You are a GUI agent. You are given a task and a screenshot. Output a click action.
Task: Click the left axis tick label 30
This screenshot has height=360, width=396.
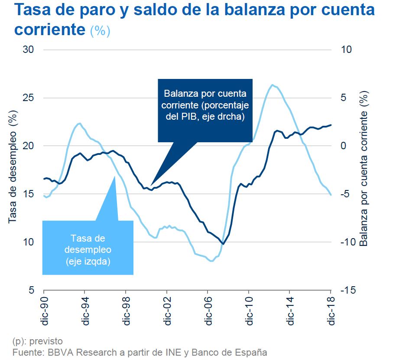click(28, 49)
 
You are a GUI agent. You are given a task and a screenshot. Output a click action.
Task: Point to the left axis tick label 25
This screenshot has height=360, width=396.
click(28, 98)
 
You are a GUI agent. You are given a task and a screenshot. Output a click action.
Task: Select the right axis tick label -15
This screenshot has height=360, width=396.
click(349, 290)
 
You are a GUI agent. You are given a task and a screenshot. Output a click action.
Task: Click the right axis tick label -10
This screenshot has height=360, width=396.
click(349, 242)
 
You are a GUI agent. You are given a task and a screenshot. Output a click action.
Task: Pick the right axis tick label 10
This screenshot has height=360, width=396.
click(347, 49)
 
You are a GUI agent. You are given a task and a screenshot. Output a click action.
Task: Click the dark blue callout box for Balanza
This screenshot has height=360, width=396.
click(204, 110)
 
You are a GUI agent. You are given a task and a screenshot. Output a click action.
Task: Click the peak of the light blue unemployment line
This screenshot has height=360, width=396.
click(272, 85)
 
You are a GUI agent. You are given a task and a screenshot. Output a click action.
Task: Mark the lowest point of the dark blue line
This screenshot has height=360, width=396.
click(223, 244)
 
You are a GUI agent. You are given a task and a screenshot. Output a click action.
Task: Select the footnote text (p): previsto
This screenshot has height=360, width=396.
click(37, 341)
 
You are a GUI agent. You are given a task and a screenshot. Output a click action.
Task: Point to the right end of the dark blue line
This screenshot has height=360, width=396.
click(331, 125)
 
